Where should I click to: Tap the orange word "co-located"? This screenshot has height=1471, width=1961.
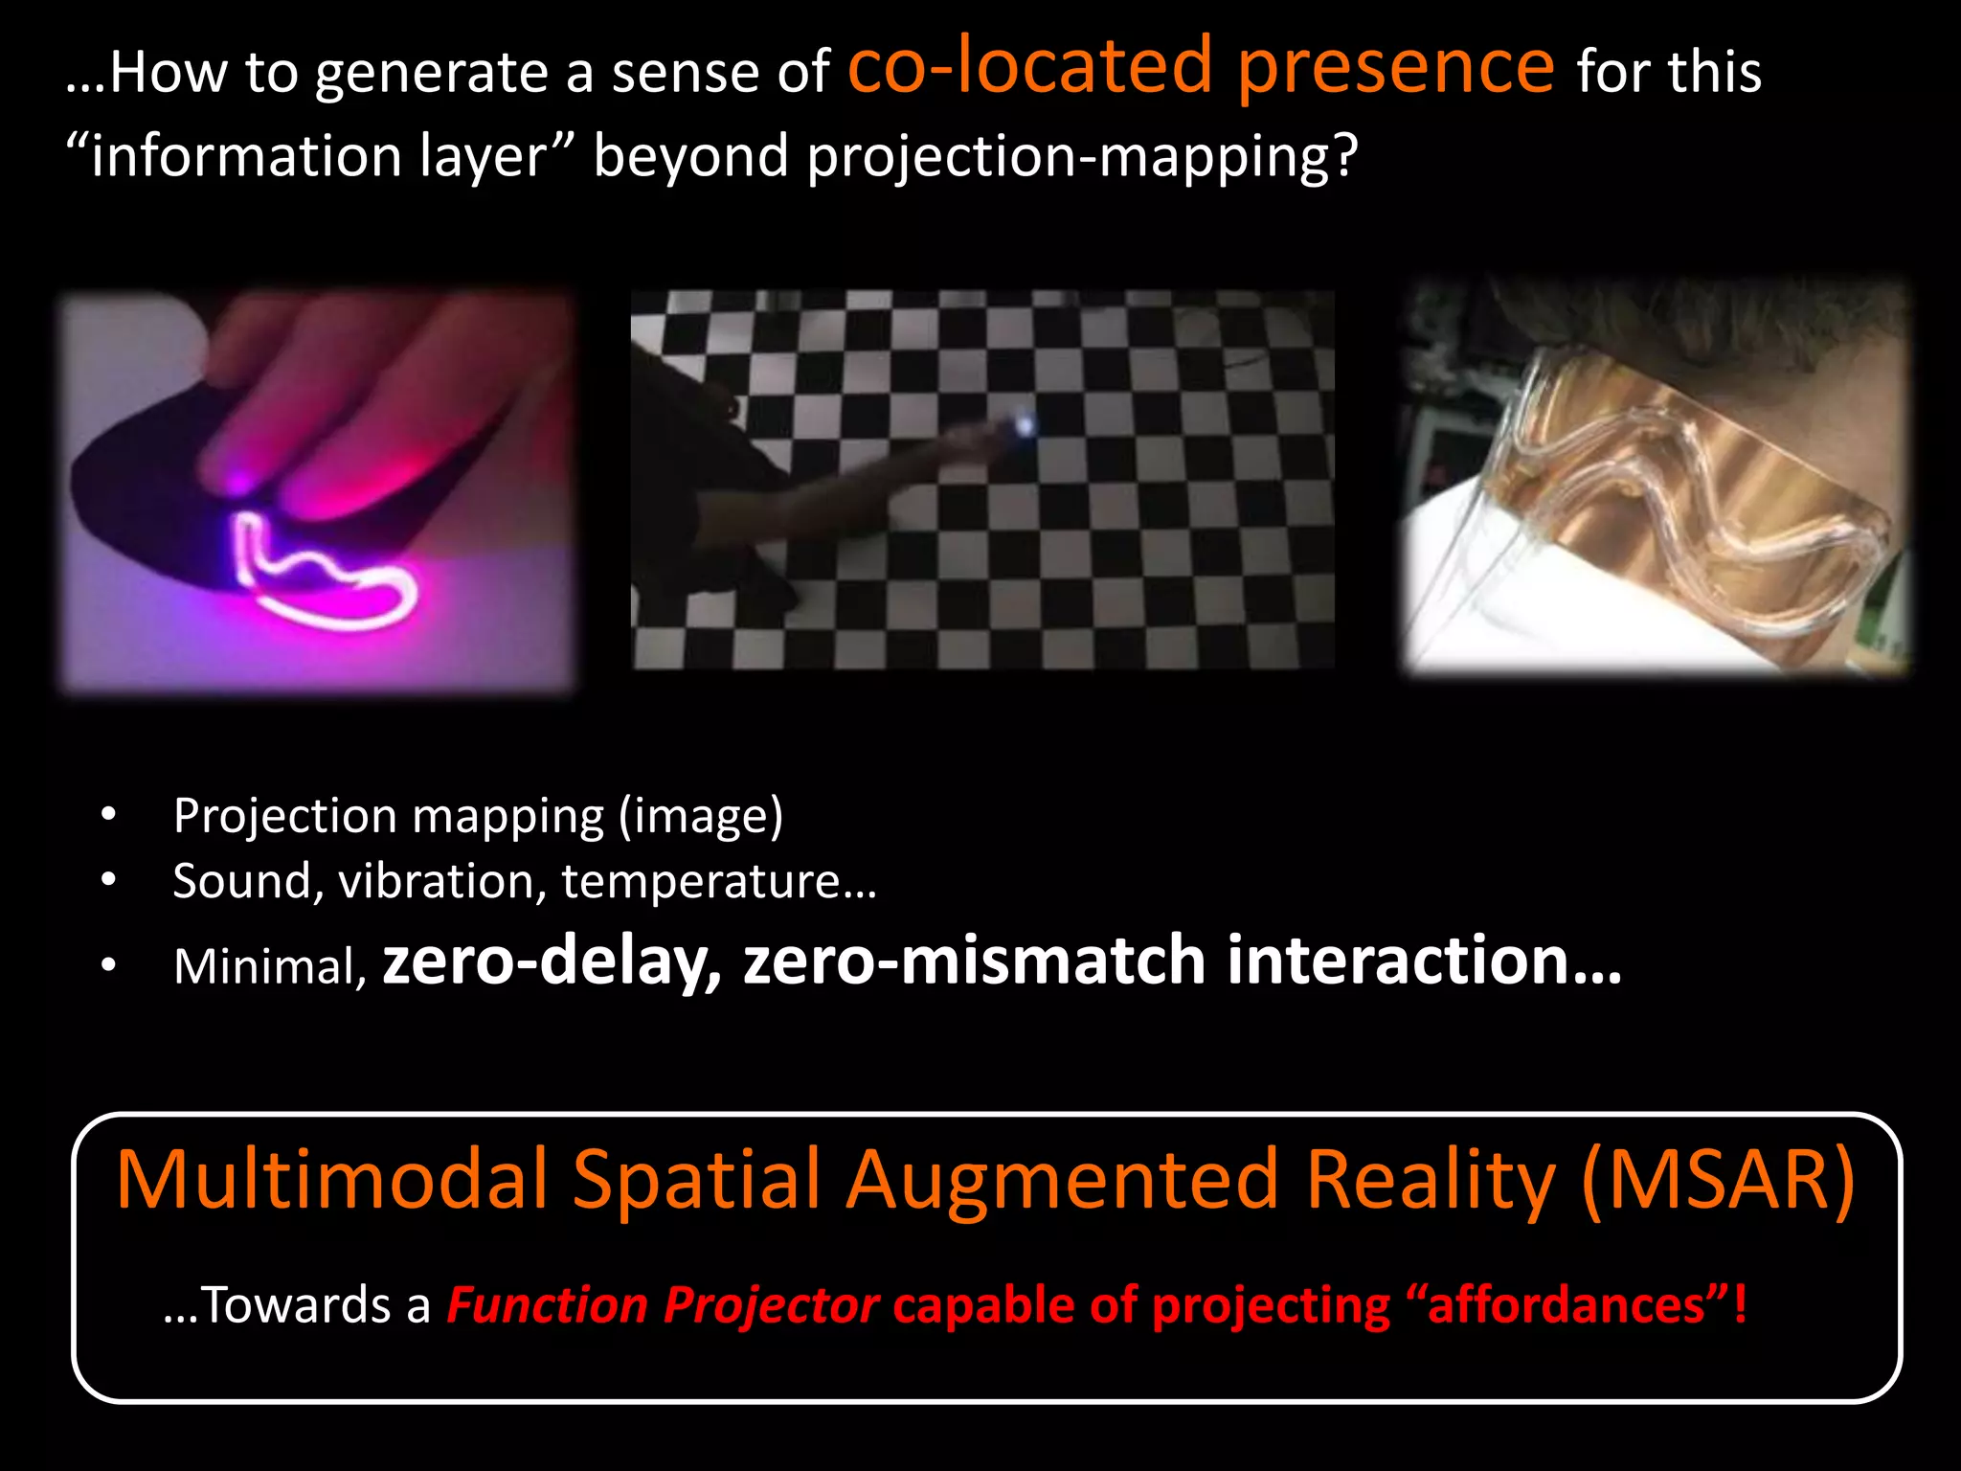[1030, 67]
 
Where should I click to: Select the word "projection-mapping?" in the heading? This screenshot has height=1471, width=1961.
[1082, 156]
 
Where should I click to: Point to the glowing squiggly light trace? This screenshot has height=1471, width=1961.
[326, 575]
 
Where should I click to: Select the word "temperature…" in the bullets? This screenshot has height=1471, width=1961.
[718, 881]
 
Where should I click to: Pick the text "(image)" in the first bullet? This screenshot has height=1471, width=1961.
[700, 816]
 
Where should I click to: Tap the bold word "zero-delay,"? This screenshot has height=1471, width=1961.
[552, 961]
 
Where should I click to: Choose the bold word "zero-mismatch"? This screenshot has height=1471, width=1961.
[974, 961]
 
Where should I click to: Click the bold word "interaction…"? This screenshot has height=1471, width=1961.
[1424, 961]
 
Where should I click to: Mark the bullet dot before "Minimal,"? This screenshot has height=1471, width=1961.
[108, 965]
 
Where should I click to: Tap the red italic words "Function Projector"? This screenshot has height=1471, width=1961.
[663, 1305]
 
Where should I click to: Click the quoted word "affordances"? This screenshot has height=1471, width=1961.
[1566, 1305]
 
